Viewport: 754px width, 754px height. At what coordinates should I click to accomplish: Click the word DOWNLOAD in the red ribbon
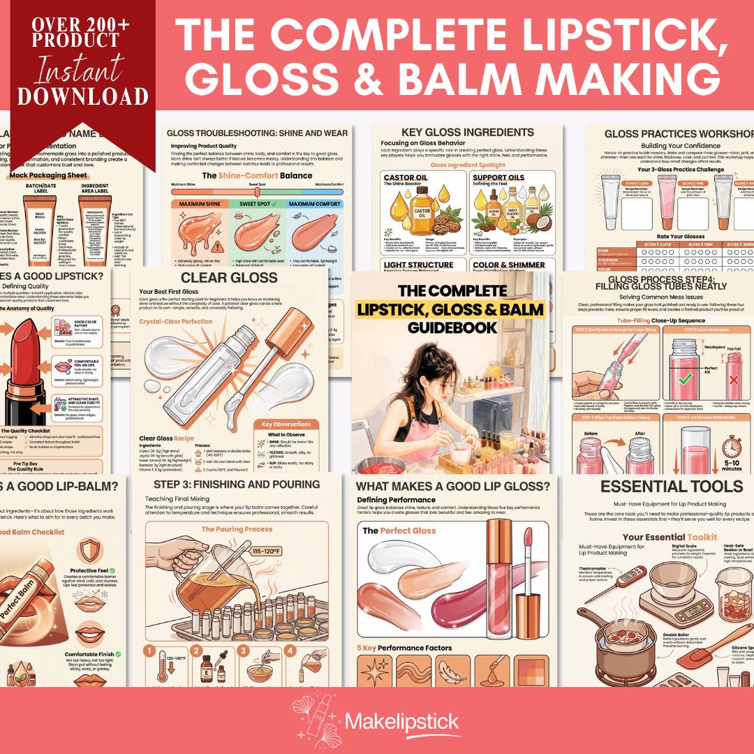(82, 96)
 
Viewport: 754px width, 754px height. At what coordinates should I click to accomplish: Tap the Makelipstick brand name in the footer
(401, 720)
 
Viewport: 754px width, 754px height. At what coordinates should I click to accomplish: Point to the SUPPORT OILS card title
(498, 177)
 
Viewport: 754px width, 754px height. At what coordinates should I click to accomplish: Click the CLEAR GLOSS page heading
(229, 277)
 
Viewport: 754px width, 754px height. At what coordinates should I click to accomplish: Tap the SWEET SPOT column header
(258, 204)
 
